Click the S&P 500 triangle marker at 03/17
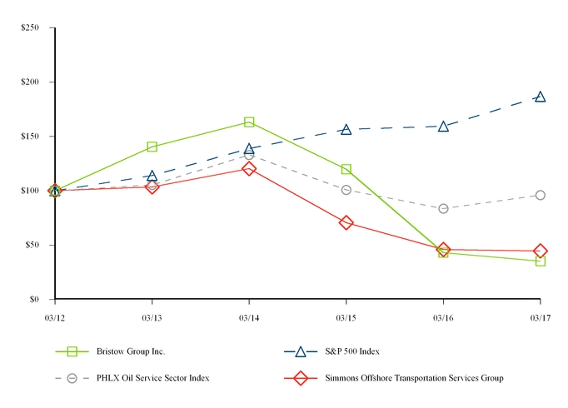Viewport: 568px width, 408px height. tap(540, 97)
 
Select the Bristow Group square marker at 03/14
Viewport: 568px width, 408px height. tap(249, 122)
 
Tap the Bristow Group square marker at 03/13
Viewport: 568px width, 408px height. tap(152, 147)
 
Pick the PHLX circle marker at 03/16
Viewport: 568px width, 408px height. tap(443, 208)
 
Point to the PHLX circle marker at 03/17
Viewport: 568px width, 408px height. tap(540, 195)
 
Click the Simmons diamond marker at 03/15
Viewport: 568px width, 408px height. tap(346, 222)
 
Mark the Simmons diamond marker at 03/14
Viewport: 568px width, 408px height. tap(249, 168)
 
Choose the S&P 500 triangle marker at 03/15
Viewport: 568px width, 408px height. tap(346, 129)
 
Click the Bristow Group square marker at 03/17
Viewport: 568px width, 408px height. tap(540, 261)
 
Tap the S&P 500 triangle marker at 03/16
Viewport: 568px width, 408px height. tap(443, 126)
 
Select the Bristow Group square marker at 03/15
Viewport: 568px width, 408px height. tap(346, 169)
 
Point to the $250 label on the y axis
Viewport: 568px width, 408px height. tap(31, 28)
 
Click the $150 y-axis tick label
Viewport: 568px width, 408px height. tap(31, 137)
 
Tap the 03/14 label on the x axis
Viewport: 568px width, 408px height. tap(249, 317)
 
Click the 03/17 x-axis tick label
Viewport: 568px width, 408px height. tap(540, 317)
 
